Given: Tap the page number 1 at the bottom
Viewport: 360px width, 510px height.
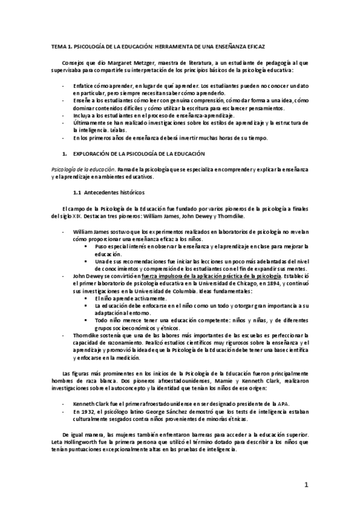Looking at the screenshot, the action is tap(306, 484).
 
